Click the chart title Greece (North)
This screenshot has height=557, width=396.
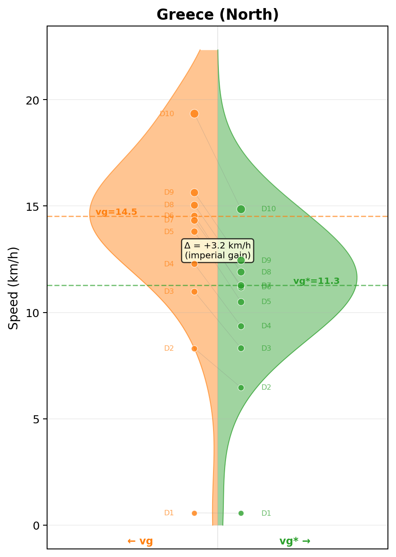click(x=218, y=15)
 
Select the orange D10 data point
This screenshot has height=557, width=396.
click(x=194, y=114)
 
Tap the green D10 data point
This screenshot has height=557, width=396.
click(x=241, y=209)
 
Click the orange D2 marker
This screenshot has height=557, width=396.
click(x=194, y=348)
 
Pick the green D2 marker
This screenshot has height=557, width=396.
click(x=241, y=387)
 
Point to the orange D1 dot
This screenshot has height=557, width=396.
click(x=194, y=513)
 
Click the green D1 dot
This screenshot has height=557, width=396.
click(x=241, y=513)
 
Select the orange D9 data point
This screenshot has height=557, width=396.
click(x=194, y=192)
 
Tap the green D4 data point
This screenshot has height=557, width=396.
click(x=241, y=326)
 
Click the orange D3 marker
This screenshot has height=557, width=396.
click(x=194, y=292)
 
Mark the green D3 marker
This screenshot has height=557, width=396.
click(x=241, y=348)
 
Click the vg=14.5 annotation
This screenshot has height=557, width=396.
click(x=116, y=212)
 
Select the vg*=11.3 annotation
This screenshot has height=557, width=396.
click(x=316, y=281)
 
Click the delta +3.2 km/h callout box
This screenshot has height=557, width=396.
click(x=218, y=250)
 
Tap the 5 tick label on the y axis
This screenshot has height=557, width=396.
click(x=36, y=419)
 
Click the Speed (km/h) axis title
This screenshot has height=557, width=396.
click(x=14, y=288)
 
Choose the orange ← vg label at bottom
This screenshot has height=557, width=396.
click(x=140, y=541)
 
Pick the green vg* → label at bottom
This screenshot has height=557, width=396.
click(x=295, y=541)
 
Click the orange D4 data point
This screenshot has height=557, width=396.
click(x=194, y=264)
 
